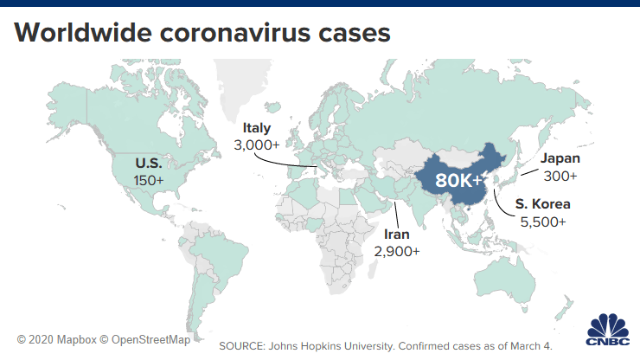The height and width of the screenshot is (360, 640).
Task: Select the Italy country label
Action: (x=256, y=128)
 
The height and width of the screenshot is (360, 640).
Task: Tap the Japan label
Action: (x=560, y=158)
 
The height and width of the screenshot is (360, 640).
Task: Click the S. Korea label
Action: (x=542, y=205)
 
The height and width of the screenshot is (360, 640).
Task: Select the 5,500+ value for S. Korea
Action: (x=541, y=222)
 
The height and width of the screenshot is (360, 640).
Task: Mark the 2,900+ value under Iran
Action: (x=397, y=252)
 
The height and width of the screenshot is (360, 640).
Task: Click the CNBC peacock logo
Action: (x=609, y=331)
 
